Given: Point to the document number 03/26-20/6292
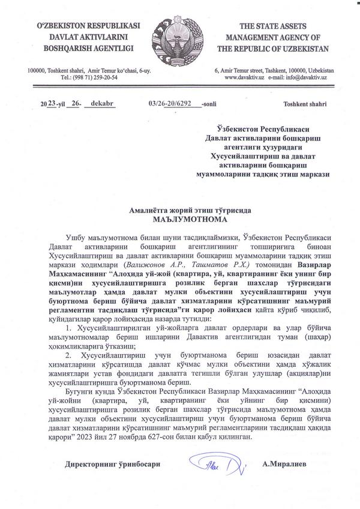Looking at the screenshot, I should point(173,103).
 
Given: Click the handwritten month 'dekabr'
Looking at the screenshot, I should point(102,103).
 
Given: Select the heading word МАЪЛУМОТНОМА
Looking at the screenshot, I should point(179,220).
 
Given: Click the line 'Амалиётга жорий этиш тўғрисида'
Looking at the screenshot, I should point(179,211).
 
